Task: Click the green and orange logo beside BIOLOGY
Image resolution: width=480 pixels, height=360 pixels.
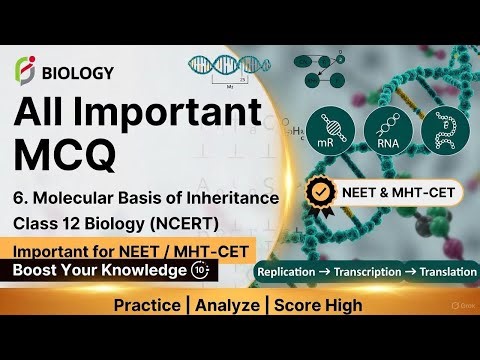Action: click(26, 71)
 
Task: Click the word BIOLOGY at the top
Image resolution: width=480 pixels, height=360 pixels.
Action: click(78, 72)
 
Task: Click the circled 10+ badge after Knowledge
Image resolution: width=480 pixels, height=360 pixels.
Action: click(200, 271)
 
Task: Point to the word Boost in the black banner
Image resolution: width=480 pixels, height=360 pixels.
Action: click(37, 271)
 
